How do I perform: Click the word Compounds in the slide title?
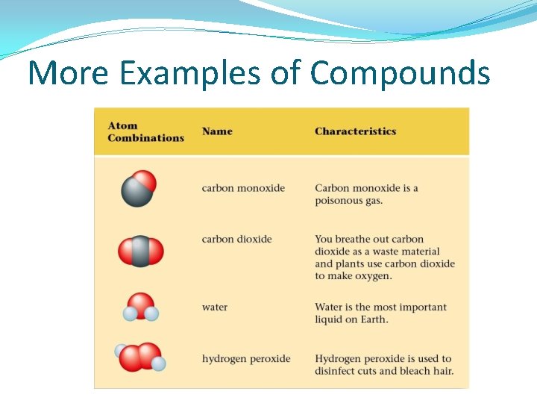[401, 74]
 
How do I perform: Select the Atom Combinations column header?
[145, 131]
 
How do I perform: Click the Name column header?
[217, 131]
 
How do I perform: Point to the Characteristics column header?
[355, 131]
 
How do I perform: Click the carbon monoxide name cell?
[243, 188]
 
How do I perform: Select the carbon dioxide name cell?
[236, 240]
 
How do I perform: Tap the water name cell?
[215, 307]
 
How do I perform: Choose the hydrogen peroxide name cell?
[246, 359]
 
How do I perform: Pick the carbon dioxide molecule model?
[140, 252]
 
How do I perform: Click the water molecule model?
[140, 307]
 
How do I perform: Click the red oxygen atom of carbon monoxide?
[145, 181]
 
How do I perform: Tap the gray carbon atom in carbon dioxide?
[140, 252]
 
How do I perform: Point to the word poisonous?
[339, 201]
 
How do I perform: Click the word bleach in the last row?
[415, 371]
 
